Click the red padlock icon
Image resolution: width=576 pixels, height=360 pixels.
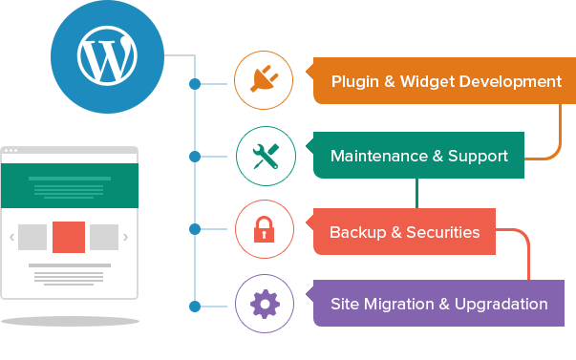[265, 230]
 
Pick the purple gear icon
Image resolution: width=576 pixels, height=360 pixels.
[265, 304]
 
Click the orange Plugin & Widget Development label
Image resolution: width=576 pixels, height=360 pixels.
[446, 82]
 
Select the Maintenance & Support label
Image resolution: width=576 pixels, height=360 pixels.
[418, 156]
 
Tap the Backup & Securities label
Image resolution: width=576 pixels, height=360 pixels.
[404, 232]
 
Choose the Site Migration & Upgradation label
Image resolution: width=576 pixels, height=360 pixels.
[438, 305]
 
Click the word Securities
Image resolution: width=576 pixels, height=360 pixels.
[440, 232]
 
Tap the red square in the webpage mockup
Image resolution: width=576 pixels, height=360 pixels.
[69, 237]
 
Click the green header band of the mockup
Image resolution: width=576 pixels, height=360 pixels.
[69, 185]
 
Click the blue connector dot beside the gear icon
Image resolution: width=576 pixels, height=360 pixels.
[195, 306]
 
